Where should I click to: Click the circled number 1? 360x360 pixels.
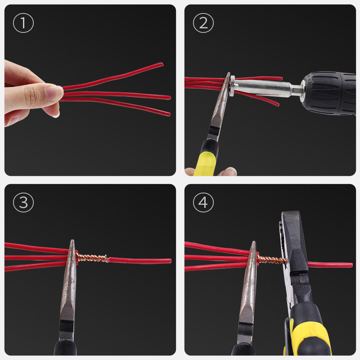point(23,23)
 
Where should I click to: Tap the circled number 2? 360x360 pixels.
point(203,23)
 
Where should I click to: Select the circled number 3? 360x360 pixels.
point(23,202)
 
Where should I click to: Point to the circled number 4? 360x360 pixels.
point(203,202)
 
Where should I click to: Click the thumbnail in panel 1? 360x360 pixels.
point(54,93)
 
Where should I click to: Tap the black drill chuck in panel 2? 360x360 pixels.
point(329,94)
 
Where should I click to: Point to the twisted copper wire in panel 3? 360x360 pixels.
point(92,258)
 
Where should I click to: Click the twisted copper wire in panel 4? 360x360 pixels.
point(272,260)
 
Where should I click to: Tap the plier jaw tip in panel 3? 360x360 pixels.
point(72,241)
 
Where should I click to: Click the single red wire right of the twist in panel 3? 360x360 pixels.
point(140,261)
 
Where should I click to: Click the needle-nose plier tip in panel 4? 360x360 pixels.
point(253,243)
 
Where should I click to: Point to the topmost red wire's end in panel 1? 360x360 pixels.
point(162,64)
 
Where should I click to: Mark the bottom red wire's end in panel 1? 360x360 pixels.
point(169,114)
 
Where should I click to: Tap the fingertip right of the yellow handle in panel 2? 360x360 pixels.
point(228,171)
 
